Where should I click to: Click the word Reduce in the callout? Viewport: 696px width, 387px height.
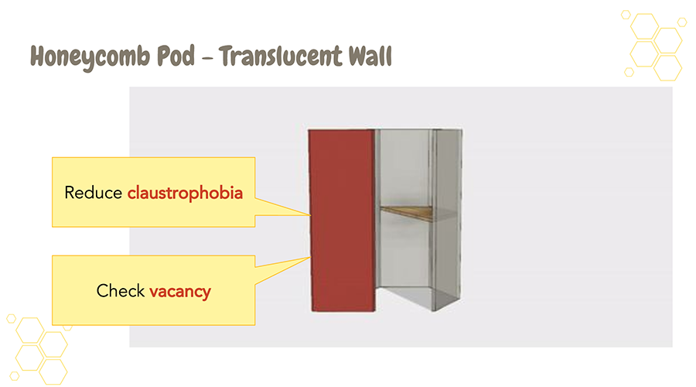pyautogui.click(x=94, y=193)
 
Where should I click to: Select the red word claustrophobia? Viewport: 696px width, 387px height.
pyautogui.click(x=186, y=193)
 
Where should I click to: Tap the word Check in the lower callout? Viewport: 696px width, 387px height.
pyautogui.click(x=121, y=291)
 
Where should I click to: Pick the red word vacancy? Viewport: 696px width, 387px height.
pyautogui.click(x=180, y=291)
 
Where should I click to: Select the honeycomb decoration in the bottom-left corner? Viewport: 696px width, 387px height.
pyautogui.click(x=39, y=348)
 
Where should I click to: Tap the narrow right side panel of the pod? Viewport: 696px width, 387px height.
pyautogui.click(x=447, y=224)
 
